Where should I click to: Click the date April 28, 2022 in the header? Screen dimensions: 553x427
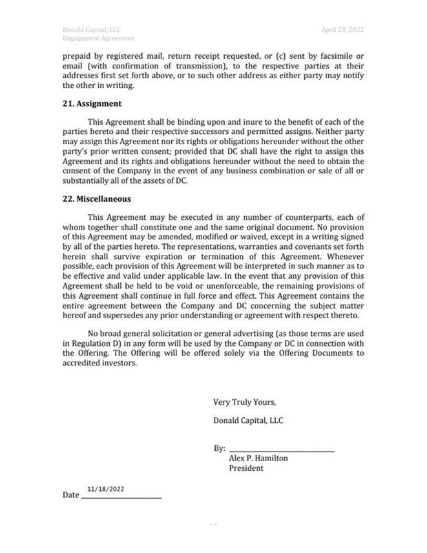(x=342, y=30)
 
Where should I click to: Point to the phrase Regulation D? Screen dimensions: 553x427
(x=85, y=343)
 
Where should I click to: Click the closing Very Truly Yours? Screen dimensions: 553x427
(x=244, y=402)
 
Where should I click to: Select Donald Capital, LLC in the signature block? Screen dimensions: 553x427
(x=248, y=421)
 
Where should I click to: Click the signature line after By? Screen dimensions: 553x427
(x=282, y=449)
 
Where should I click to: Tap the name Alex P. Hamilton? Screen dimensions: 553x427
(x=258, y=459)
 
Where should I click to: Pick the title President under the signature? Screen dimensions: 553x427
(x=246, y=468)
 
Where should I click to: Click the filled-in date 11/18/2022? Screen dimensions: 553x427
(x=105, y=490)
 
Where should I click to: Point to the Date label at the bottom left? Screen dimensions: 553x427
(x=70, y=495)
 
